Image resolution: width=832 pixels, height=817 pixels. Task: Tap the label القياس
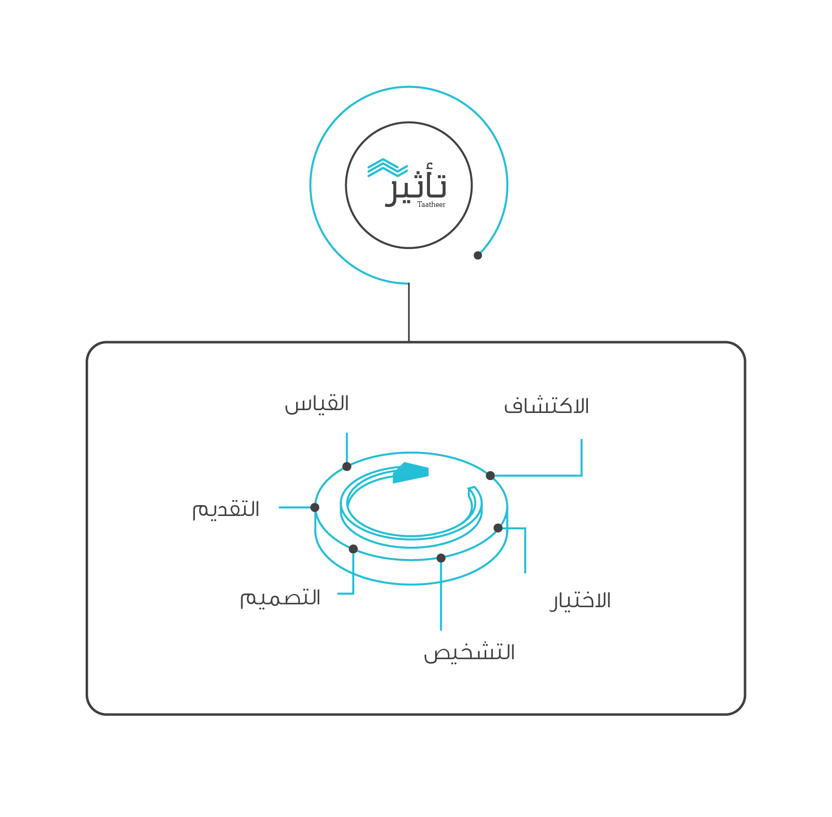click(x=317, y=404)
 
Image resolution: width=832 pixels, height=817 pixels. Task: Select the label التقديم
click(x=226, y=510)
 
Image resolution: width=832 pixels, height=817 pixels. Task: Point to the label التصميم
click(x=280, y=598)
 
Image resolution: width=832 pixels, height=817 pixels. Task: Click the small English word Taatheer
click(x=431, y=205)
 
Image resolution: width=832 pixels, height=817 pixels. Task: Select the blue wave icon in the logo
click(x=387, y=168)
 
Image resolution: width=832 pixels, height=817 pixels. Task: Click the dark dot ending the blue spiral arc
click(x=478, y=256)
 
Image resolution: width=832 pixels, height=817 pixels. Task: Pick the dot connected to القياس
click(x=347, y=466)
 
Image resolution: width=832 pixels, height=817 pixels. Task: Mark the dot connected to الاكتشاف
click(x=490, y=475)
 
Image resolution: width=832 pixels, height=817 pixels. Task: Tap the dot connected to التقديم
click(x=315, y=507)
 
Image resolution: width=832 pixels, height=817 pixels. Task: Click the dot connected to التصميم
click(x=353, y=549)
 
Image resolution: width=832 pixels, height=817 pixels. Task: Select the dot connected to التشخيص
click(x=441, y=558)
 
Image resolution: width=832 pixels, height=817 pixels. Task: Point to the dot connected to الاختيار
click(x=498, y=528)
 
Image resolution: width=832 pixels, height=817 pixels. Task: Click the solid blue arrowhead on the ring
click(x=411, y=473)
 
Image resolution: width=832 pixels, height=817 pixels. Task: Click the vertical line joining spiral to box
click(x=409, y=312)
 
